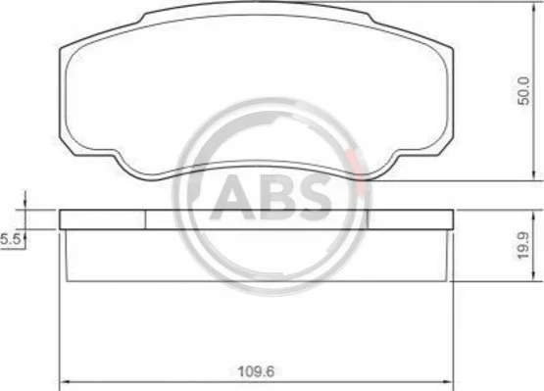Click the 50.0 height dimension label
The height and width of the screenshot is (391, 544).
point(523,91)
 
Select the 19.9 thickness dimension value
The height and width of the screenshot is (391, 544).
point(523,245)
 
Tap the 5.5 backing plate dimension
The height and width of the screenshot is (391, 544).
point(11,239)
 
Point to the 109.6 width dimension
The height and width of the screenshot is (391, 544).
point(256,372)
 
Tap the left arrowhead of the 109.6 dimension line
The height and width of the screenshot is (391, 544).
point(63,381)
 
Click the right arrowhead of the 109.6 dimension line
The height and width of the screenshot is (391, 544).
point(450,381)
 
